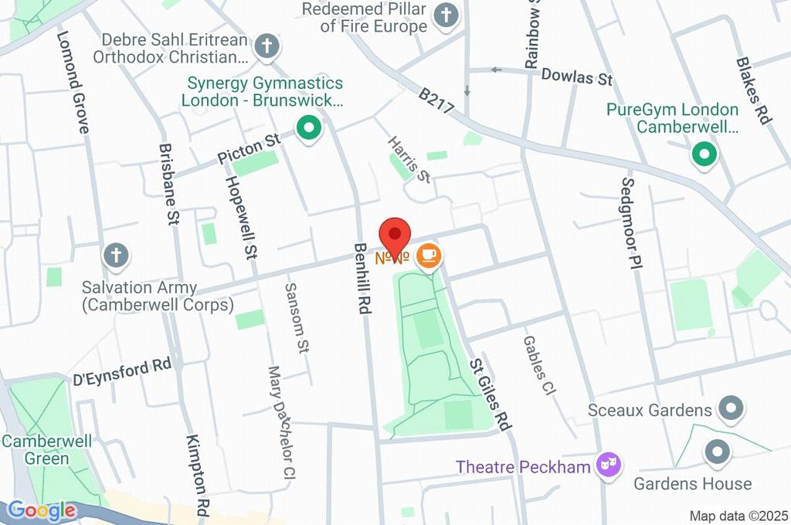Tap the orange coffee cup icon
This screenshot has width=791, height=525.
point(429,256)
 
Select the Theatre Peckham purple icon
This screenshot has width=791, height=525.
point(608,466)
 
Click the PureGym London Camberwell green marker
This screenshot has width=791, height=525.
point(704,154)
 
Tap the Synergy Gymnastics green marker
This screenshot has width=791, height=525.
point(309,127)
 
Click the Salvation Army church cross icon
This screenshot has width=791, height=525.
point(116,256)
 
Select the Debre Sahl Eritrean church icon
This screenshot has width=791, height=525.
point(266,45)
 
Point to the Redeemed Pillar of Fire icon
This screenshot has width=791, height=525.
point(445,15)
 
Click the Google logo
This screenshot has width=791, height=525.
point(41,510)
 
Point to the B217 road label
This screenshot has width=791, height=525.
point(436,102)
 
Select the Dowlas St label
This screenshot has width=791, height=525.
point(576,77)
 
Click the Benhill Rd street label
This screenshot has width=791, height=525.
point(362,278)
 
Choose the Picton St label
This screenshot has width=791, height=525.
point(247,148)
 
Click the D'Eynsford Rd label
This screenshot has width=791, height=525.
point(122,371)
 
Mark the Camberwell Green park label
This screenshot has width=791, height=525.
point(46,450)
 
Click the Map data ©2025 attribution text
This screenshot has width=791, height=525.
point(738,516)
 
